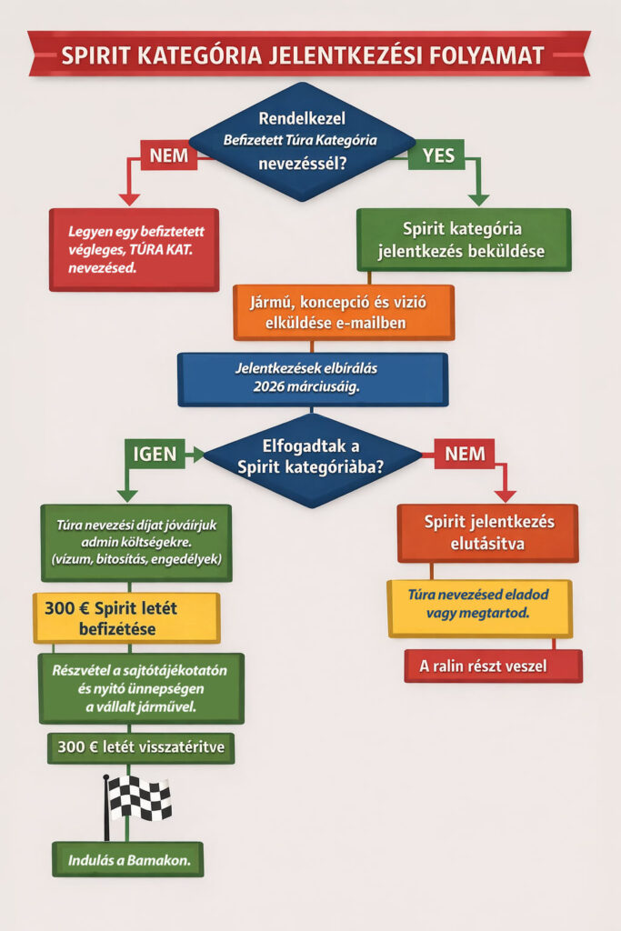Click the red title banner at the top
pyautogui.click(x=309, y=54)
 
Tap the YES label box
pyautogui.click(x=438, y=155)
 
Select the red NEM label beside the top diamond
pyautogui.click(x=168, y=155)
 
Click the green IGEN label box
pyautogui.click(x=155, y=454)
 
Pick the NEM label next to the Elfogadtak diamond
pyautogui.click(x=465, y=454)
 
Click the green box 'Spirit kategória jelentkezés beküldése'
pyautogui.click(x=464, y=240)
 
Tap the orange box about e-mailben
pyautogui.click(x=343, y=312)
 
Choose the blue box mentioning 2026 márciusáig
pyautogui.click(x=313, y=378)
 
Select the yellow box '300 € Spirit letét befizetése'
pyautogui.click(x=126, y=617)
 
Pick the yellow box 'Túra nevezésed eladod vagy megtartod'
pyautogui.click(x=479, y=607)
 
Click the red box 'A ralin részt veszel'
pyautogui.click(x=493, y=666)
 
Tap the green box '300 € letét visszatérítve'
pyautogui.click(x=140, y=749)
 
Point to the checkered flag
pyautogui.click(x=139, y=797)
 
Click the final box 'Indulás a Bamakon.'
pyautogui.click(x=127, y=859)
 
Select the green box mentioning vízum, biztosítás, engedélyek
pyautogui.click(x=136, y=542)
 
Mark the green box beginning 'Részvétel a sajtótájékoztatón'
pyautogui.click(x=140, y=687)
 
